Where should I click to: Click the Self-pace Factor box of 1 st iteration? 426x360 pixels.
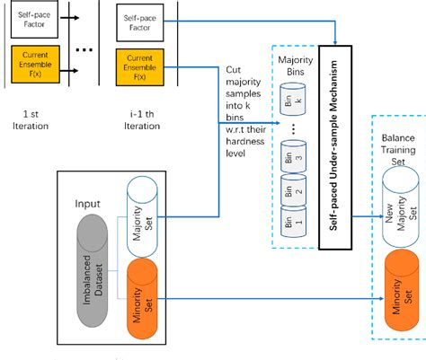(29, 21)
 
